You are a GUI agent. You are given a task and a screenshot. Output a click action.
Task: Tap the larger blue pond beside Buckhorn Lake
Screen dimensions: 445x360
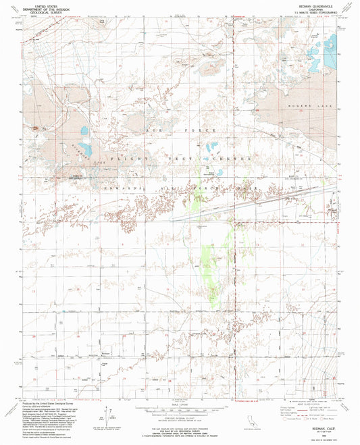[84, 147]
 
